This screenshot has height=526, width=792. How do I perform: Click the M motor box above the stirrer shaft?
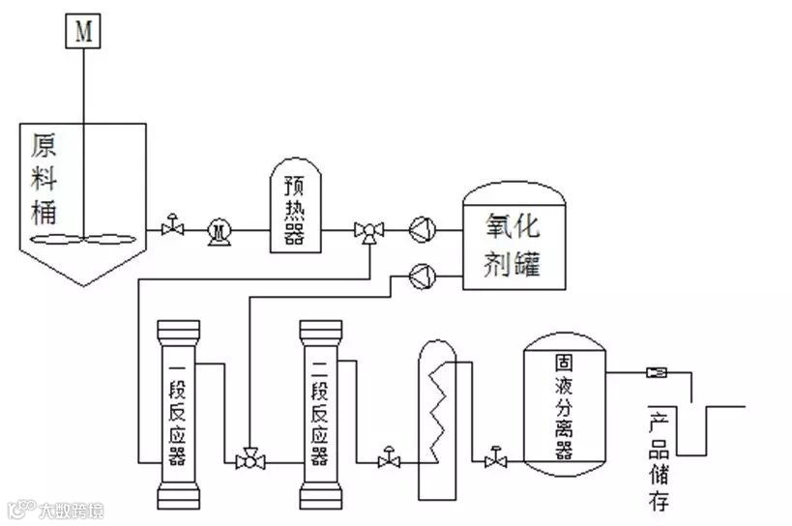[84, 31]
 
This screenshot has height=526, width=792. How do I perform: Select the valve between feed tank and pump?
[173, 228]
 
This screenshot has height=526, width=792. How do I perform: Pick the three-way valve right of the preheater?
[368, 231]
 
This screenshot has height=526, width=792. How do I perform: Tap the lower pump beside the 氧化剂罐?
[423, 276]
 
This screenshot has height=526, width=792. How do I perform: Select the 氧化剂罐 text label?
[512, 243]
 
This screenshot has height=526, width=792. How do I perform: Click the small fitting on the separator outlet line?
[655, 371]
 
